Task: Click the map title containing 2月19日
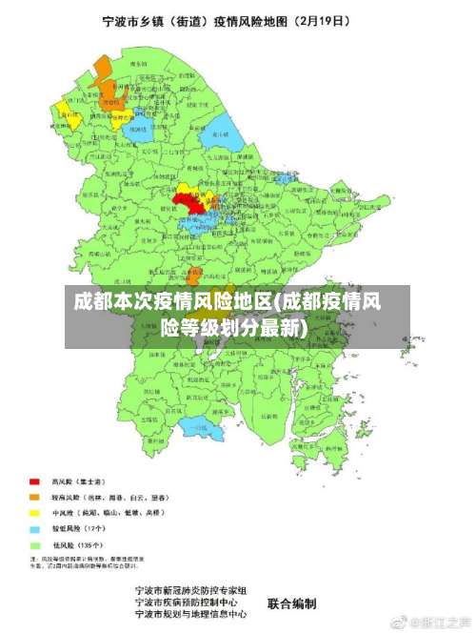click(238, 18)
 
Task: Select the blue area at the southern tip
click(205, 431)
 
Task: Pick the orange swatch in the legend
click(34, 497)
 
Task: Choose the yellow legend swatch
click(34, 512)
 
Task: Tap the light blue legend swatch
click(34, 528)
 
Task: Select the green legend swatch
click(34, 544)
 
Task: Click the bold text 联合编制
click(291, 603)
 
